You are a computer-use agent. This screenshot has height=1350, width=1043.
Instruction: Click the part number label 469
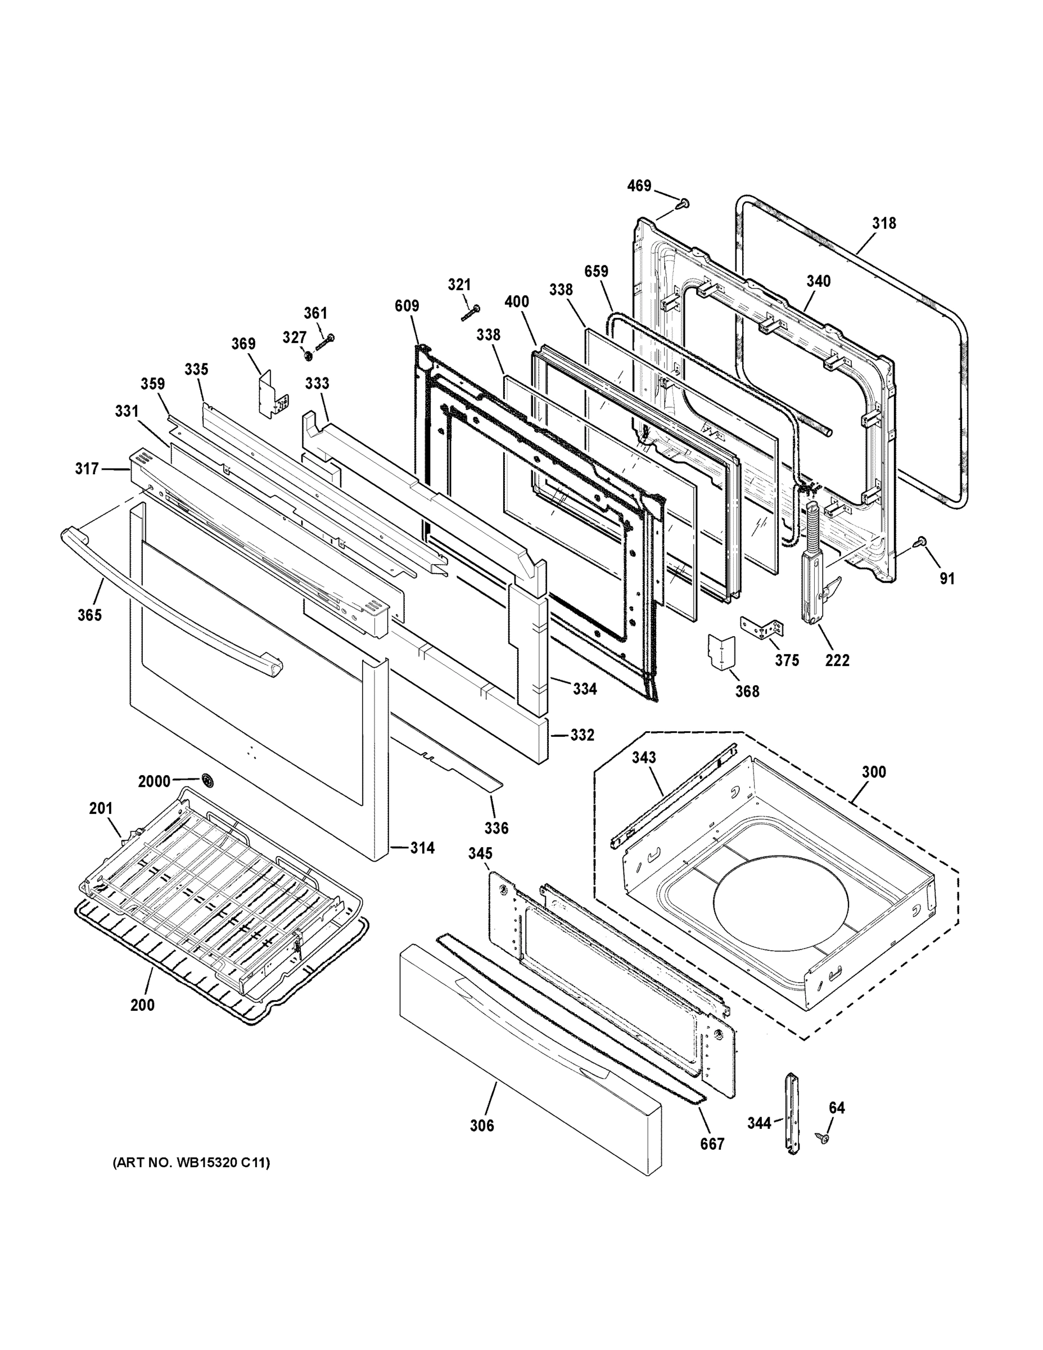[x=639, y=186]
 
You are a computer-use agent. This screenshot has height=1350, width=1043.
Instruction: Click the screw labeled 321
[x=471, y=312]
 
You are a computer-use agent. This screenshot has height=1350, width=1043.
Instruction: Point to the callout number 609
[x=407, y=305]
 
